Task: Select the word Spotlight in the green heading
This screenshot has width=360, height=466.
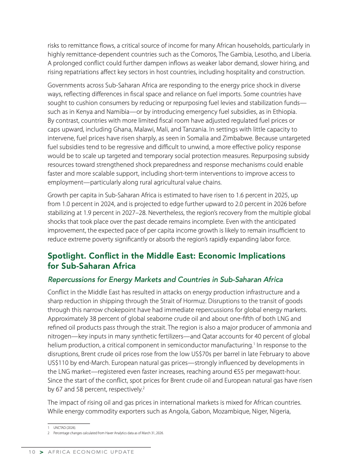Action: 67,256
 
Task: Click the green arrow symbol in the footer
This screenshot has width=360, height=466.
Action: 41,452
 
